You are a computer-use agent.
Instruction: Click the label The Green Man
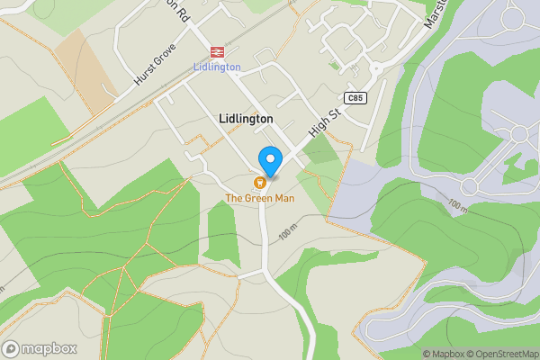261,198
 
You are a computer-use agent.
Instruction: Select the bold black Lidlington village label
246,119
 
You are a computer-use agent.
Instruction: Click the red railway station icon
217,52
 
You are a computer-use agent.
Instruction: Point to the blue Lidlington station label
217,67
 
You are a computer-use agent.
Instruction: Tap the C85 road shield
355,97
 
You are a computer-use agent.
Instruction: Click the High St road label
321,124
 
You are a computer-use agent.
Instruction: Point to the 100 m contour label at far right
457,205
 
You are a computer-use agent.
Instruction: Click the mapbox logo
40,348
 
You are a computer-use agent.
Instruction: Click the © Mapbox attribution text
442,354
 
